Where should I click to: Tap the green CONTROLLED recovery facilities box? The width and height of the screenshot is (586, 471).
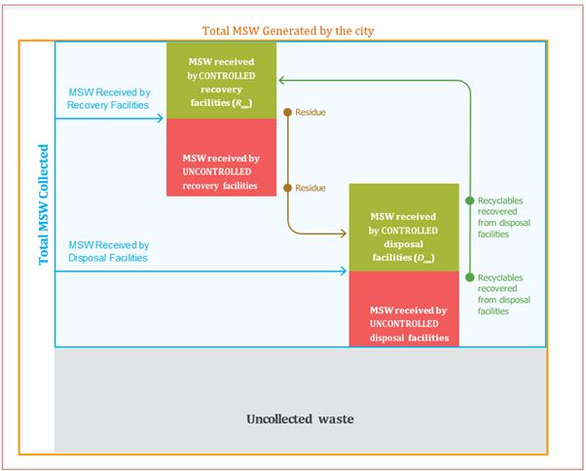[222, 80]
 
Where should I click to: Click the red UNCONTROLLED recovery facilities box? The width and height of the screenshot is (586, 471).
[222, 158]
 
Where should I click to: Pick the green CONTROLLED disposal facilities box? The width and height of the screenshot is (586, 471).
[403, 230]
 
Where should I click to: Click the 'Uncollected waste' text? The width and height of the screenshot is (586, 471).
[298, 419]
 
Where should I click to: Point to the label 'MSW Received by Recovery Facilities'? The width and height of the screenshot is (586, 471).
[108, 98]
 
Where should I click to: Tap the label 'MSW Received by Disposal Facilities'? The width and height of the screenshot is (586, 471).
[108, 251]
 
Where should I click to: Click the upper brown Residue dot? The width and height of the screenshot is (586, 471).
[286, 112]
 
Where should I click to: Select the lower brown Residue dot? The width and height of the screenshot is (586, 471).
[286, 187]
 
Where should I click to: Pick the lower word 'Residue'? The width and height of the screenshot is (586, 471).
[310, 188]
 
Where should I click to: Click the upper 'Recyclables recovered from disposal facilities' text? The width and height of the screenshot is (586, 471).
[504, 214]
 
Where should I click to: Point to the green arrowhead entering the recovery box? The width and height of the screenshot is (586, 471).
[282, 81]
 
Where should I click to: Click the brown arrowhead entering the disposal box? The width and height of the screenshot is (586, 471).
[344, 234]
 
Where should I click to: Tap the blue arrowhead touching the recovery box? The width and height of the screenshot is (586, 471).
[161, 119]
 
